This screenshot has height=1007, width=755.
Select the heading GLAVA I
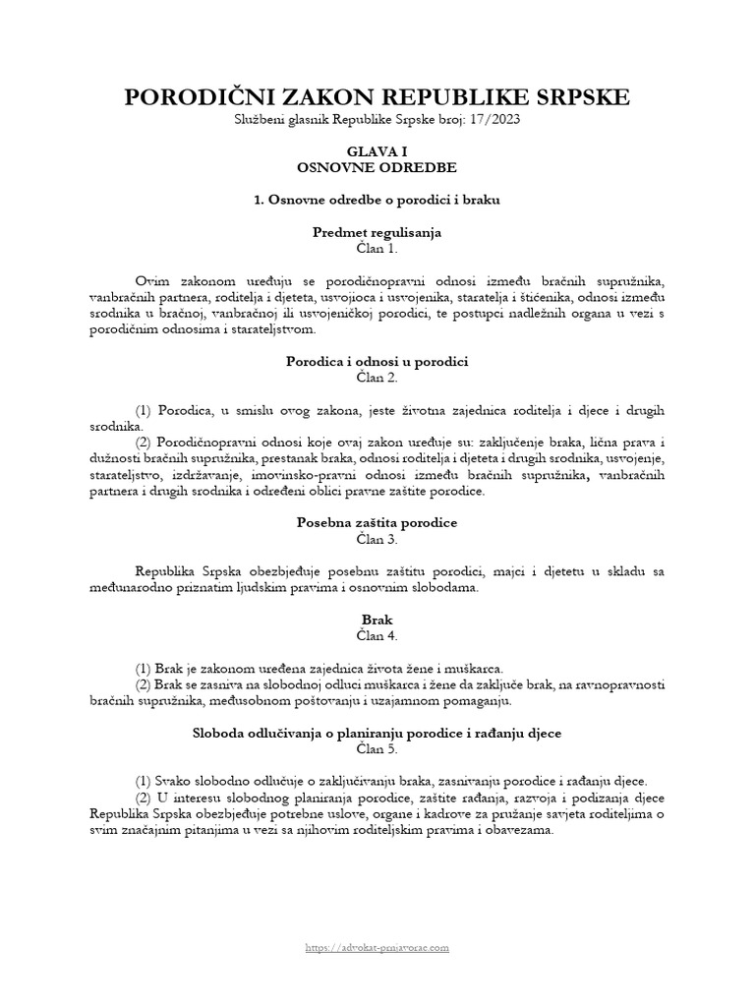pos(377,152)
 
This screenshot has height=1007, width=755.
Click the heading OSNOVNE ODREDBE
pos(377,168)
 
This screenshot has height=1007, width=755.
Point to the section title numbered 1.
pos(377,200)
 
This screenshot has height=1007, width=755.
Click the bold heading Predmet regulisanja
pos(377,233)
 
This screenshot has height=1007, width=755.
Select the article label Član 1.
pos(377,249)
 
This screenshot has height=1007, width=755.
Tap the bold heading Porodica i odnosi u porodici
pos(377,362)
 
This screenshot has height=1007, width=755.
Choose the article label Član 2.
pos(377,378)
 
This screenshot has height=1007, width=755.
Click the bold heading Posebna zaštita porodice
pos(377,523)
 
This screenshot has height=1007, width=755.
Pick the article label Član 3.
pos(377,539)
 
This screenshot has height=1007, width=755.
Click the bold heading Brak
pos(377,620)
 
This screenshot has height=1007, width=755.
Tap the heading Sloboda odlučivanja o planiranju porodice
pos(377,733)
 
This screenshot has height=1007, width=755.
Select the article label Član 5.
pos(377,748)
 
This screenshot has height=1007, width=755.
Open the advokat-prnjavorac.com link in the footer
pos(377,948)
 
